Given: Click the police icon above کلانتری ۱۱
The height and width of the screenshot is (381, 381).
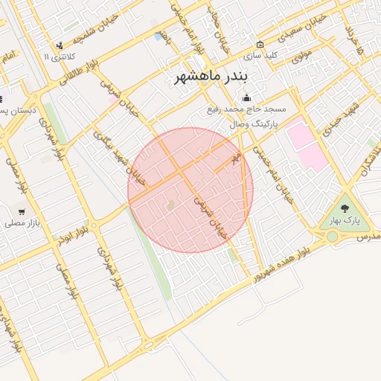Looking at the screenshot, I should click(x=59, y=45).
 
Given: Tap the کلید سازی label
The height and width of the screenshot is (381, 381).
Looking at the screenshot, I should click(x=263, y=55).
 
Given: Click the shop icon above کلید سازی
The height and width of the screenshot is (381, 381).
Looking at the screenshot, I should click(x=260, y=44).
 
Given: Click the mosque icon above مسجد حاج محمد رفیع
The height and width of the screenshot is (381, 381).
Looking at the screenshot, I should click(x=247, y=97).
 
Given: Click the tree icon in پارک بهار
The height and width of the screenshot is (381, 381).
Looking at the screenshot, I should click(x=345, y=209).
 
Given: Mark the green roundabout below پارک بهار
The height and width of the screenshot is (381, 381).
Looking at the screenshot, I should click(x=332, y=237).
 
